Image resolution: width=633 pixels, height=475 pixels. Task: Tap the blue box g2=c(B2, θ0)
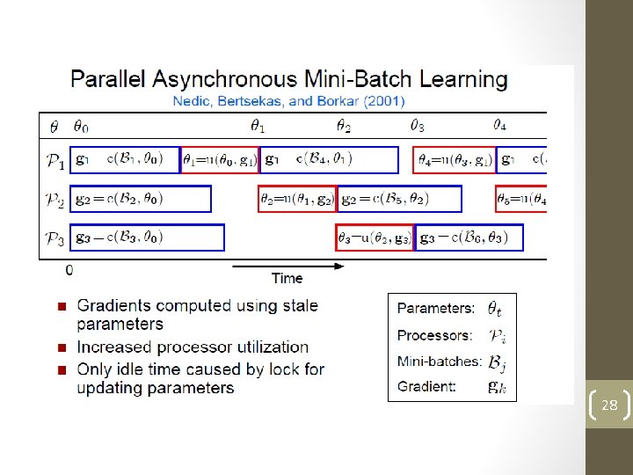[x=141, y=199]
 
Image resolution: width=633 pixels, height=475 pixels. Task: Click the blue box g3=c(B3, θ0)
[x=147, y=237]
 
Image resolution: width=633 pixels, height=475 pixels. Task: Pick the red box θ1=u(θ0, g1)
[x=219, y=159]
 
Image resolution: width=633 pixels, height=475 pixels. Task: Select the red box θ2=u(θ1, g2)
[x=297, y=199]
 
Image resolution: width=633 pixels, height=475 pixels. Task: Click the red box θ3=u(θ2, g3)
[x=375, y=237]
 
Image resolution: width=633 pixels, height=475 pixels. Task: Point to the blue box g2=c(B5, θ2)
[x=400, y=199]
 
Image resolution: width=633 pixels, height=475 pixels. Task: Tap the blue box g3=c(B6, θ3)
[x=469, y=237]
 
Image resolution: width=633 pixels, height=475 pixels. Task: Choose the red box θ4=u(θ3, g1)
[x=454, y=159]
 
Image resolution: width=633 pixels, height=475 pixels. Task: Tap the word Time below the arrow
[x=287, y=279]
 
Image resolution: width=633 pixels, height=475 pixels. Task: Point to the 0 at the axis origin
[x=69, y=270]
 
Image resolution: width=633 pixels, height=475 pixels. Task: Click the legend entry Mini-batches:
[x=439, y=361]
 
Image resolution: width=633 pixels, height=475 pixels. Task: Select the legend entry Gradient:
[x=426, y=386]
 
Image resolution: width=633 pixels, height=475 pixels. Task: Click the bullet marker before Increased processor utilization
[x=62, y=347]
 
